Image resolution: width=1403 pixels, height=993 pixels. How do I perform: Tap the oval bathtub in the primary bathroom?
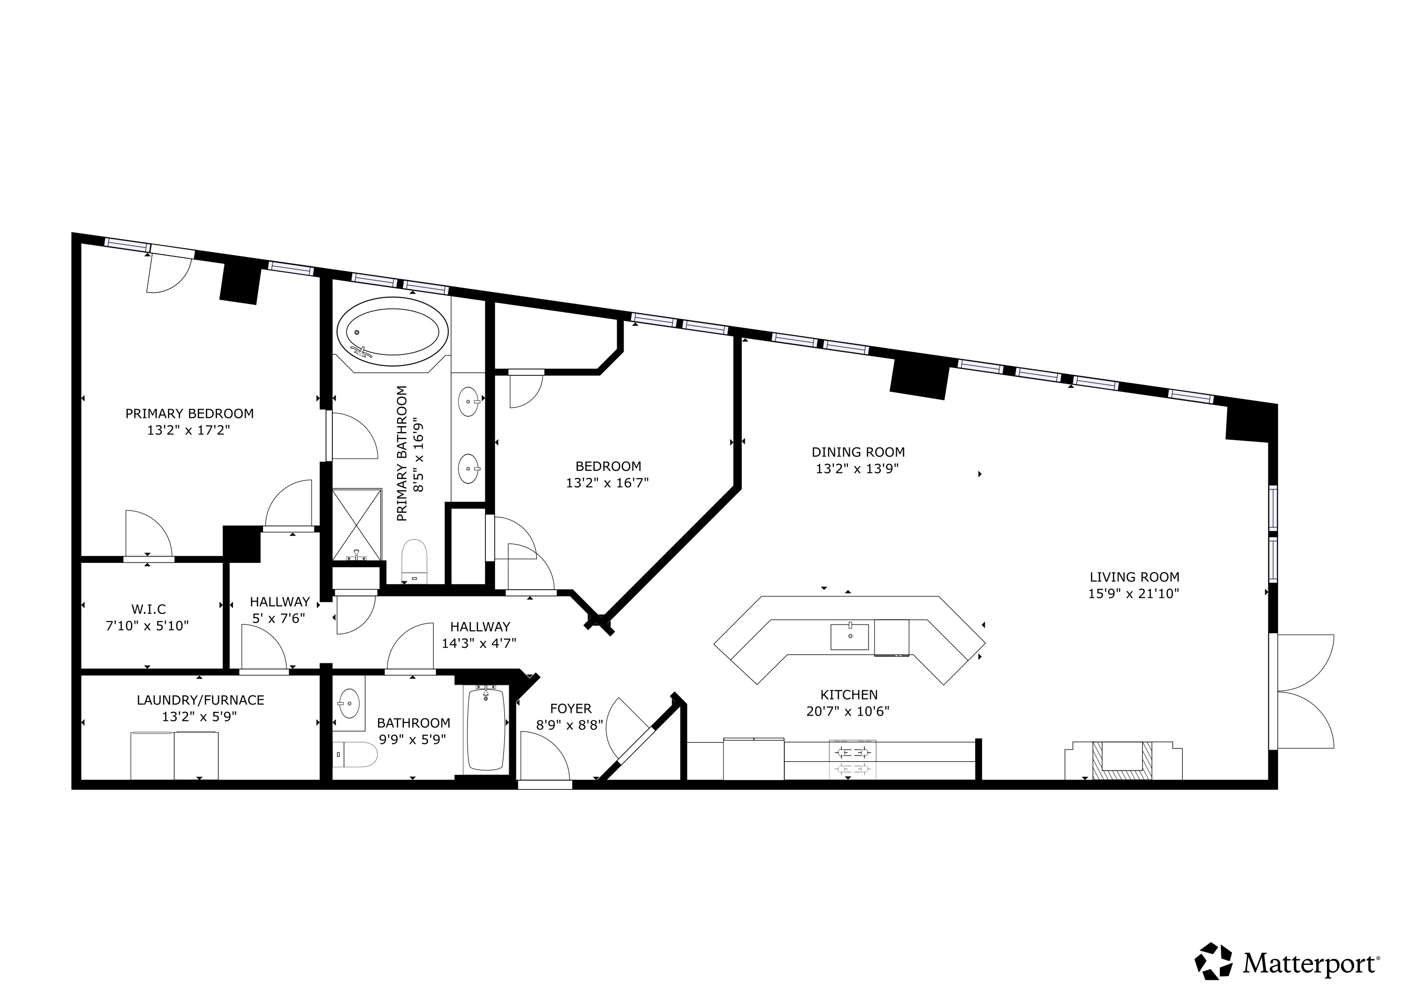[392, 332]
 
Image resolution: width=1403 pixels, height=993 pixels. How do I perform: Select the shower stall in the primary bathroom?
[357, 524]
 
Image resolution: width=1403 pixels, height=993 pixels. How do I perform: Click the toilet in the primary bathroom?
[415, 560]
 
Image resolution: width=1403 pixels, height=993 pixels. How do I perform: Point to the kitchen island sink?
[849, 637]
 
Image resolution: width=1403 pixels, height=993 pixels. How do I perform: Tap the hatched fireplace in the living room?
[1122, 760]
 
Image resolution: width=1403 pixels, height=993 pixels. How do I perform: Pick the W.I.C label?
[149, 609]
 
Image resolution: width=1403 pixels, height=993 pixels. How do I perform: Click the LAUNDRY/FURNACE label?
[201, 700]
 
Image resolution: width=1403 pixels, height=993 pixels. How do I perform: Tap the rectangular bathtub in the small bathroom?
[486, 729]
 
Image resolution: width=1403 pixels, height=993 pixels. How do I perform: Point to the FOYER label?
[571, 709]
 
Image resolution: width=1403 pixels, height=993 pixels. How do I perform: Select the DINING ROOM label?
[858, 452]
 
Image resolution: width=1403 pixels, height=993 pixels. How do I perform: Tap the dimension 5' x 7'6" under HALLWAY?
[279, 618]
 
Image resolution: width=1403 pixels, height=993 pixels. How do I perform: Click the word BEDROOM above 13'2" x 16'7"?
[608, 466]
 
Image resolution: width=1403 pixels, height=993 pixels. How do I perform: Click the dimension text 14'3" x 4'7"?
[479, 643]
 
